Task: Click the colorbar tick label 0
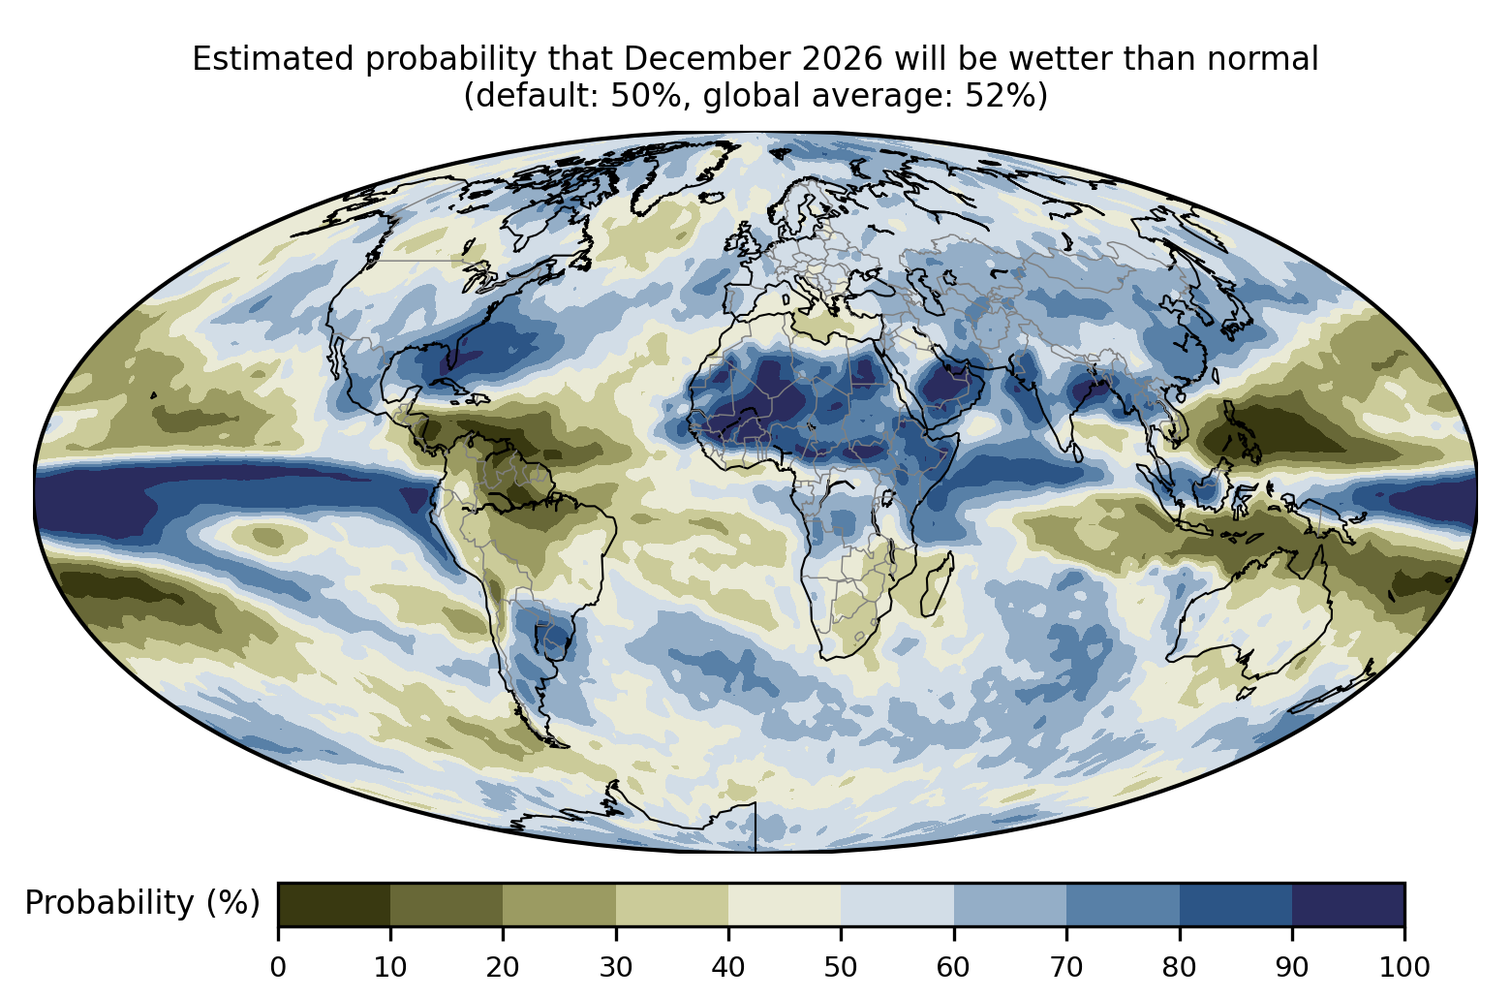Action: point(278,968)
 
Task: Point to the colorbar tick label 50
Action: point(841,968)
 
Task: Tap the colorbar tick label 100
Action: point(1404,968)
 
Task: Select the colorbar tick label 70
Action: point(1065,968)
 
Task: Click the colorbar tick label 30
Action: point(616,968)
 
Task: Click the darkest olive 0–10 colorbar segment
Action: point(334,904)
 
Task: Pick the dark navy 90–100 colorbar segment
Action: point(1348,904)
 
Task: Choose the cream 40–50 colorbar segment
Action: point(785,904)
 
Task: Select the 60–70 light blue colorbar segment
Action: point(1010,904)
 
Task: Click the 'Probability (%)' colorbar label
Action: point(142,903)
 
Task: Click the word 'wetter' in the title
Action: point(1069,59)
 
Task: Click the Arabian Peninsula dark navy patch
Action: point(947,386)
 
